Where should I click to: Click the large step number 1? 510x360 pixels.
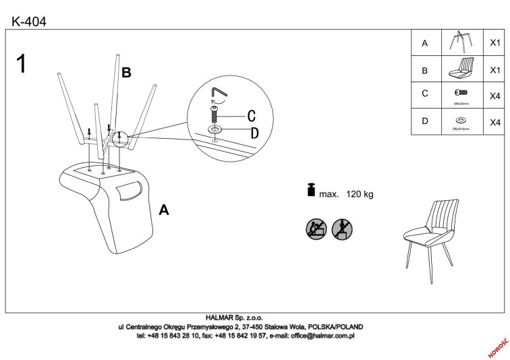tap(24, 65)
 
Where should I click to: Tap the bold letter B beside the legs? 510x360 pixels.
tap(125, 72)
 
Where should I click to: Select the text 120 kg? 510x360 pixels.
tap(360, 194)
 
